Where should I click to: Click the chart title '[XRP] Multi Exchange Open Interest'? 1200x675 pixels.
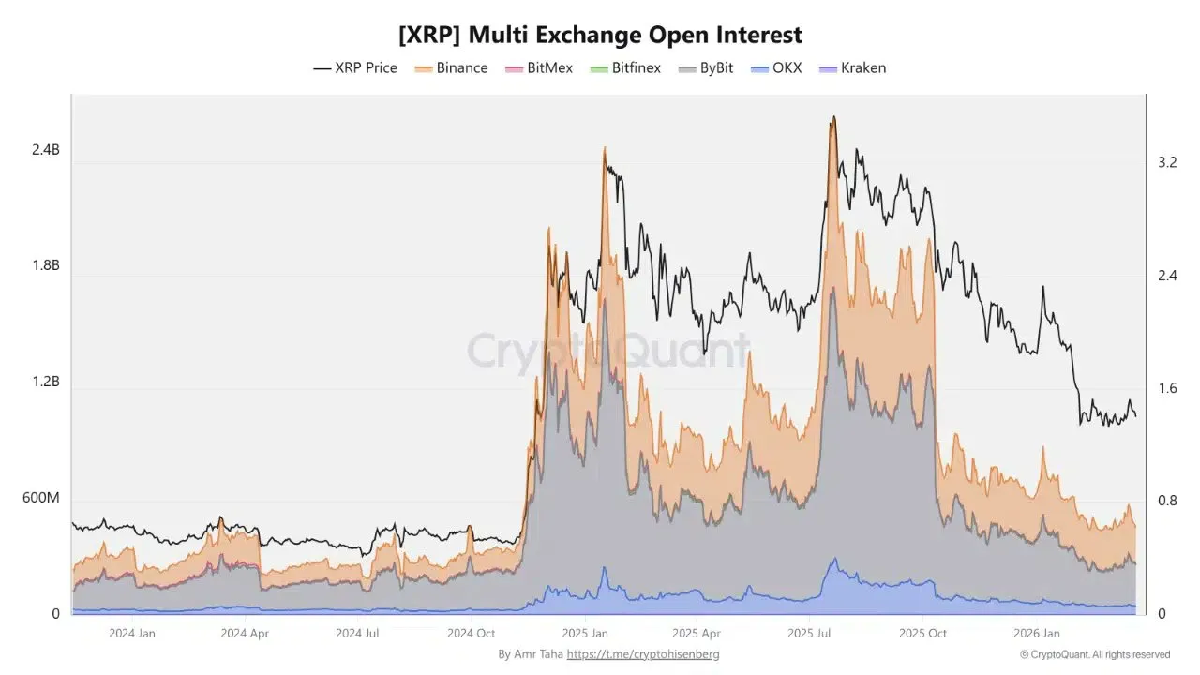coord(600,36)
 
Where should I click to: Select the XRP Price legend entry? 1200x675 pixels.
coord(355,67)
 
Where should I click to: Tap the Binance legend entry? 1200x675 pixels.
coord(453,67)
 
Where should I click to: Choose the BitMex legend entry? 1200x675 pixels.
coord(539,67)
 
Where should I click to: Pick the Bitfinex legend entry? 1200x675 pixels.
coord(625,67)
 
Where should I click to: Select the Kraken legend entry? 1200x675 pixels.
coord(852,67)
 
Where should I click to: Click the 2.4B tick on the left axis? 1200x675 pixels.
coord(46,150)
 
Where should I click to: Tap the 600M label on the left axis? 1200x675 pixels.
coord(41,498)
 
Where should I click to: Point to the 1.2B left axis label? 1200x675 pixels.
coord(46,382)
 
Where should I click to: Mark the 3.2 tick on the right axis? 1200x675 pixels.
coord(1167,162)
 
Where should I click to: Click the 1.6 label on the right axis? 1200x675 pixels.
coord(1167,388)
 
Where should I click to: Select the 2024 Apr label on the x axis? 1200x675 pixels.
coord(245,634)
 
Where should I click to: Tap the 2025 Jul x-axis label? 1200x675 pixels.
coord(810,634)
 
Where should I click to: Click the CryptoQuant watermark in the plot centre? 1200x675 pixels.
coord(608,351)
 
